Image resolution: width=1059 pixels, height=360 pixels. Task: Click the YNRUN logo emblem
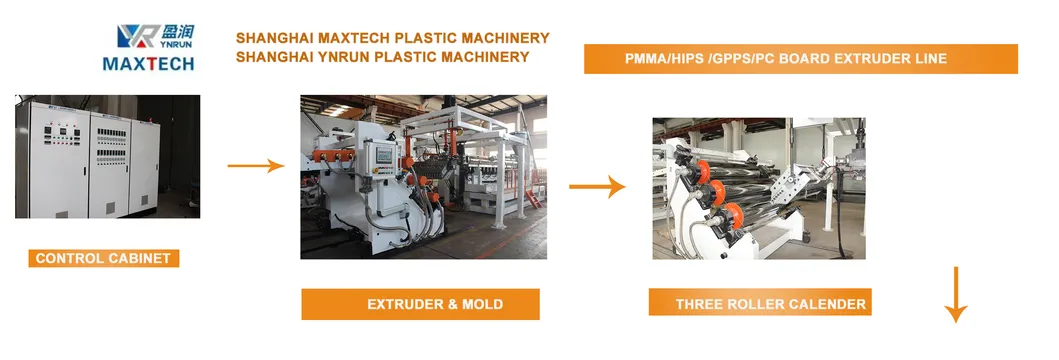[138, 36]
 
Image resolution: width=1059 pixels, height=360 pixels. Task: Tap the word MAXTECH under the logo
[149, 63]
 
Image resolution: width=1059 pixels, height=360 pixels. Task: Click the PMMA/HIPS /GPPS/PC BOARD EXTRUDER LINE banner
[800, 59]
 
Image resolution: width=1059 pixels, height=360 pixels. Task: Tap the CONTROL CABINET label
[103, 258]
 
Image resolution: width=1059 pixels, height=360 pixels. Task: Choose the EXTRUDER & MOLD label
[420, 304]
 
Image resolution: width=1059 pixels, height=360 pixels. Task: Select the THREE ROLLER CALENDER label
[760, 302]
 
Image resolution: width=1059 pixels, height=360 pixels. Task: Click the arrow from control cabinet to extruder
[256, 165]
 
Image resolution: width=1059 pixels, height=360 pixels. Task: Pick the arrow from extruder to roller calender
[597, 186]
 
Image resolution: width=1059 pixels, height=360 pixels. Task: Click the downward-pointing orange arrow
[956, 294]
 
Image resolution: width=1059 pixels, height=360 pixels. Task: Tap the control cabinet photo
[107, 156]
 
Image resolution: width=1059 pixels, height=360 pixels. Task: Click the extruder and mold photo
[423, 177]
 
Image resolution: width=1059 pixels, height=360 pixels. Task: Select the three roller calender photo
[758, 188]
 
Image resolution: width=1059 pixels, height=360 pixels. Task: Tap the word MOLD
[482, 304]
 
